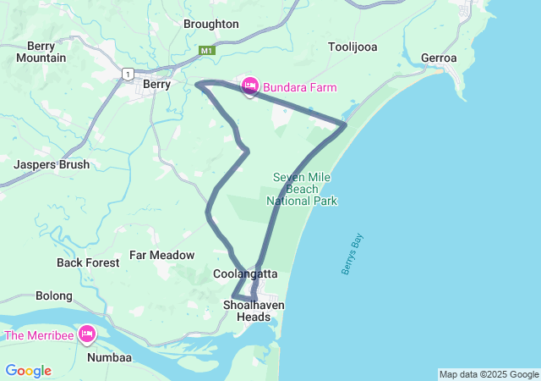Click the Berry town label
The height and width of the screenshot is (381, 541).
pos(157,84)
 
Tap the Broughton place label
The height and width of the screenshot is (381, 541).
pos(210,24)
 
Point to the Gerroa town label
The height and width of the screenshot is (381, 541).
pos(439,58)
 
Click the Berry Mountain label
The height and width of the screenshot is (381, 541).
pos(46,52)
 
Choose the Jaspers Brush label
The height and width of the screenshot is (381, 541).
pos(52,165)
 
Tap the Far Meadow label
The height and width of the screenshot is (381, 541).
pos(161,255)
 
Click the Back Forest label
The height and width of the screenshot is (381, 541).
pos(88,262)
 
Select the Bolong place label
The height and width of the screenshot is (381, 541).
pos(54,296)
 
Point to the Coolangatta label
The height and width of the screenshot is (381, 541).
pos(245,273)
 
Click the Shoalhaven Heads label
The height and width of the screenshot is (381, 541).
pos(254,311)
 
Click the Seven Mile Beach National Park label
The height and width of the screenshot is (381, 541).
pos(302,189)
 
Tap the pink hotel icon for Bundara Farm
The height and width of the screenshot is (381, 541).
pos(250,86)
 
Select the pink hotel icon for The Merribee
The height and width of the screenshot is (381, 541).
pos(86,335)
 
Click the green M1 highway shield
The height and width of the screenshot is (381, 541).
pos(206,51)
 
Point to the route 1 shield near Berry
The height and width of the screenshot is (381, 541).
pos(127,75)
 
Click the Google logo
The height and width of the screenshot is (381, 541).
pos(28,371)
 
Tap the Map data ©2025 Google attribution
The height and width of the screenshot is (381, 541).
pos(489,374)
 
